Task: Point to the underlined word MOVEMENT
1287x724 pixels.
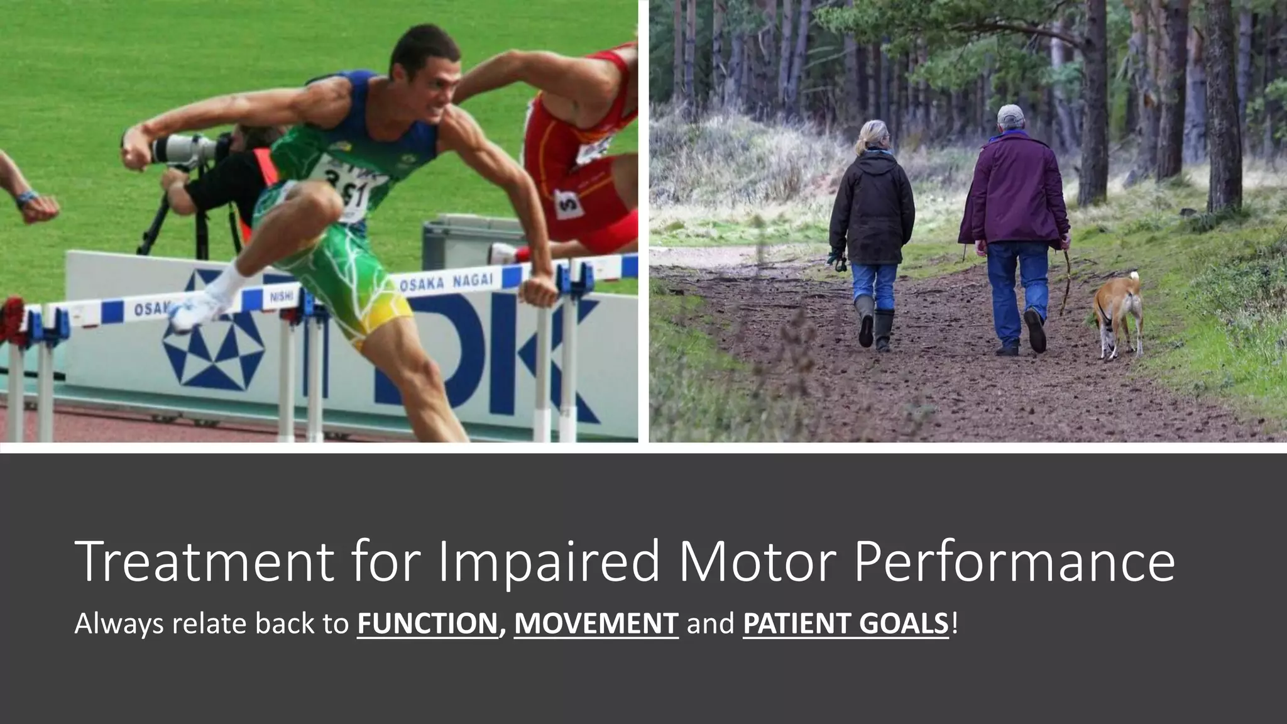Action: point(596,623)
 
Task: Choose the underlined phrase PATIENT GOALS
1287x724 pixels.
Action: point(845,623)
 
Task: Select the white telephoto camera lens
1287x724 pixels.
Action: point(182,148)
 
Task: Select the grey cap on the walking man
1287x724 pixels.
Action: point(1010,114)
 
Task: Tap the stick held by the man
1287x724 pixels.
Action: point(1066,280)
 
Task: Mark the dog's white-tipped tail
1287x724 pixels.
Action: point(1134,277)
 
